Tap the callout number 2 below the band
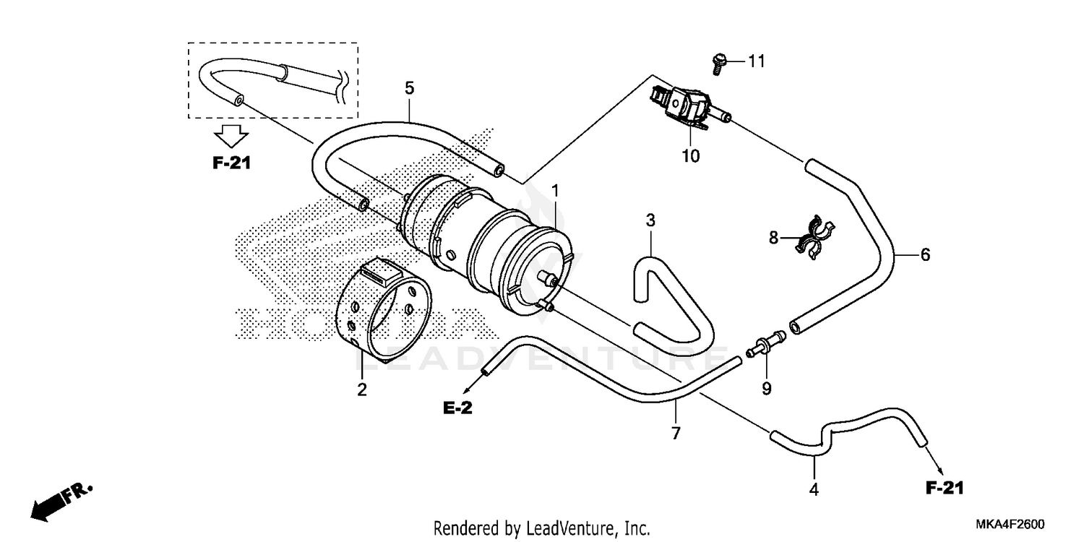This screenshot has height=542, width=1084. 361,390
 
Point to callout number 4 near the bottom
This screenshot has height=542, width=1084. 814,489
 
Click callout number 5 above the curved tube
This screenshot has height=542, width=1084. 409,89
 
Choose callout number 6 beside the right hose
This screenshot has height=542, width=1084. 924,254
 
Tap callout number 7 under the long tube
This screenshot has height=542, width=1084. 676,434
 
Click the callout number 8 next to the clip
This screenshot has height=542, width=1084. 774,238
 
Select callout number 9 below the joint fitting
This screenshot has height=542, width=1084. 766,390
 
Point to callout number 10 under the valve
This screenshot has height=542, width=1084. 691,155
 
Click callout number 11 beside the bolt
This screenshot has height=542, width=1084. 755,61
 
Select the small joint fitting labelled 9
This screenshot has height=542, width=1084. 766,343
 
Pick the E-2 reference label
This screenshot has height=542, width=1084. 457,409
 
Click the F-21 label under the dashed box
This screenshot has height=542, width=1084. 231,163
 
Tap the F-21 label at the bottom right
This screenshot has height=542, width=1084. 945,489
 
